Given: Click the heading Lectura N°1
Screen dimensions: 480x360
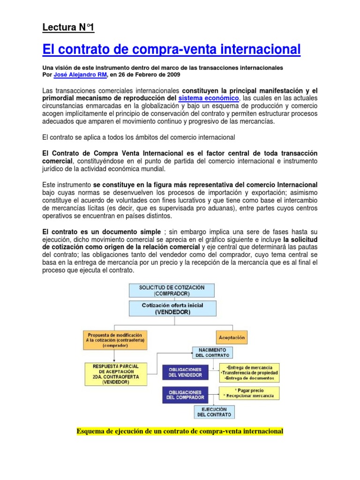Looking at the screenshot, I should coord(68,28).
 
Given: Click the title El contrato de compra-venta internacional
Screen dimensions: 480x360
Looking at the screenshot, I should coord(171,49).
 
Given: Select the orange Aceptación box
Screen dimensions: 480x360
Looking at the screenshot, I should coord(232,337).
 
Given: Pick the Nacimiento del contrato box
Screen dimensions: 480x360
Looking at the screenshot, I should coord(210,353).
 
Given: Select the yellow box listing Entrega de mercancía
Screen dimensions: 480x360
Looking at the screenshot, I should coord(249,372).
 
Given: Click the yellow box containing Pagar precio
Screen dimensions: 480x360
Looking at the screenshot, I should coord(249,393).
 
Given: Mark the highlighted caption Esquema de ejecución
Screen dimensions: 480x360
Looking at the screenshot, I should coord(180,431).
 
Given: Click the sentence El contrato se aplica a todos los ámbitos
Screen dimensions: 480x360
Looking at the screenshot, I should coord(138,137).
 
